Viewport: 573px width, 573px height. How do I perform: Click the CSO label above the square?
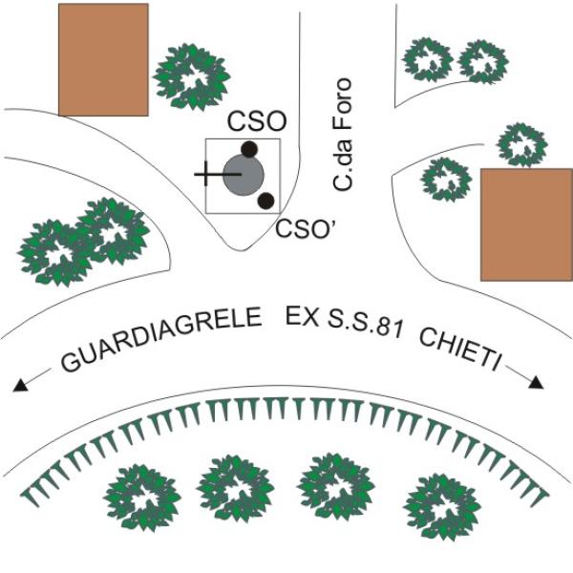point(257,121)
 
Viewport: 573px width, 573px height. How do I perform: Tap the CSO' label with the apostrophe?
point(306,229)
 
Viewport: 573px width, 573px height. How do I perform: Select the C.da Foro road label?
point(343,134)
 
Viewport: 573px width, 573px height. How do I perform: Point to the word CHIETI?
point(459,350)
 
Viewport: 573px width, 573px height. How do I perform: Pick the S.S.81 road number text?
point(365,325)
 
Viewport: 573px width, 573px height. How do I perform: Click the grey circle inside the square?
point(244,175)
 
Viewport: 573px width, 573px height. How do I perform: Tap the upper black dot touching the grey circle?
point(249,149)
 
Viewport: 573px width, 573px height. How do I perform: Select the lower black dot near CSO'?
point(266,201)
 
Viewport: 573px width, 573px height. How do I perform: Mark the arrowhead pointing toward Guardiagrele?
point(20,385)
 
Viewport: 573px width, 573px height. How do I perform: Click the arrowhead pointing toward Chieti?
point(536,382)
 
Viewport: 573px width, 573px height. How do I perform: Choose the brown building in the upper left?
point(103,60)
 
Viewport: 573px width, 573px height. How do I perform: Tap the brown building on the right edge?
point(526,224)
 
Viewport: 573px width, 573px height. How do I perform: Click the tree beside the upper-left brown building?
point(192,76)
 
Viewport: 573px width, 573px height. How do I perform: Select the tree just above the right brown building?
point(521,145)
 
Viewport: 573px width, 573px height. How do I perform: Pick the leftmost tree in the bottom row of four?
point(141,498)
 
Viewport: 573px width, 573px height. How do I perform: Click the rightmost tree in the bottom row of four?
point(442,507)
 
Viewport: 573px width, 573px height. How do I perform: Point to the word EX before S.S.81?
point(302,317)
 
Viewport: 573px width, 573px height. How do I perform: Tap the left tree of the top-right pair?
point(428,59)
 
